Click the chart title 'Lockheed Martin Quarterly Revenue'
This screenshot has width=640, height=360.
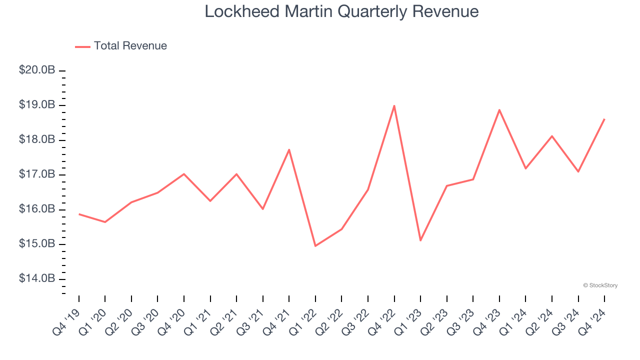[x=341, y=11]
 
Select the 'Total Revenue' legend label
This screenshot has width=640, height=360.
[x=130, y=46]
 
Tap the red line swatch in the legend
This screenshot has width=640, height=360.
[x=82, y=46]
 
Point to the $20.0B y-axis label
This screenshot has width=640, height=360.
[x=37, y=70]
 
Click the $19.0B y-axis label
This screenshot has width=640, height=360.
[x=37, y=105]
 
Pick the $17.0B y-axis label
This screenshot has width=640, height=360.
[x=37, y=174]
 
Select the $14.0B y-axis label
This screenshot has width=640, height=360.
[x=37, y=278]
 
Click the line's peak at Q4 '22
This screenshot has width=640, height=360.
[x=394, y=105]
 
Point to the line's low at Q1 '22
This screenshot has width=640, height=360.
[x=315, y=246]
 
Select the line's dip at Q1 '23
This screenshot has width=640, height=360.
[x=420, y=240]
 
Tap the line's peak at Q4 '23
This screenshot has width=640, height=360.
[x=499, y=109]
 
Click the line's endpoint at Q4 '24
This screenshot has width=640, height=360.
[x=604, y=119]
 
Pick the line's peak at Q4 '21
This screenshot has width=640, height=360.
[x=289, y=149]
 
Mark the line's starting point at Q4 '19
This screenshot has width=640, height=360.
[x=79, y=214]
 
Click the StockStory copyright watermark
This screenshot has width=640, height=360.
[x=600, y=285]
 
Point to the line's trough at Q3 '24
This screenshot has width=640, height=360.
[x=578, y=171]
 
